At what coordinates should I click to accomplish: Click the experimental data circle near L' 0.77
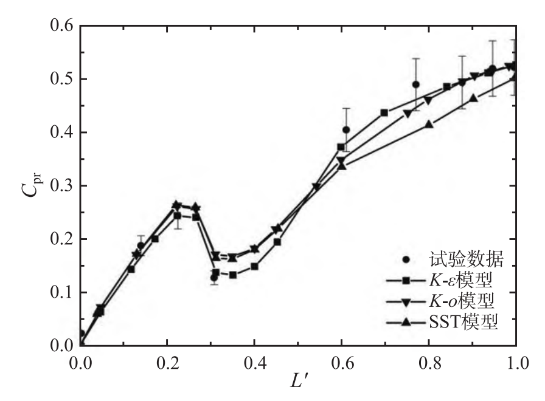coord(416,84)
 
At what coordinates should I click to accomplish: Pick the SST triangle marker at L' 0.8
coord(429,125)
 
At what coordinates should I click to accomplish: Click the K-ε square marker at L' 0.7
coord(384,112)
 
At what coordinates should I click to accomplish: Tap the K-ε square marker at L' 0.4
coord(254,266)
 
